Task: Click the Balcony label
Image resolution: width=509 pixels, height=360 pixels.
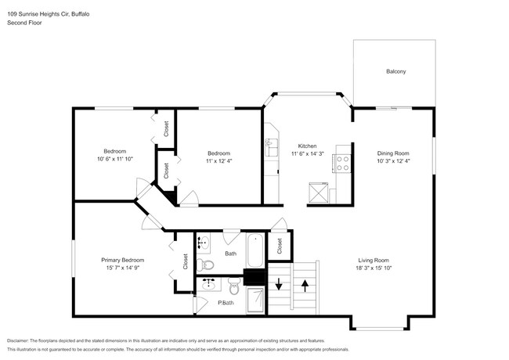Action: point(395,72)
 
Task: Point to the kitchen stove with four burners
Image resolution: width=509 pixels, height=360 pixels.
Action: point(341,163)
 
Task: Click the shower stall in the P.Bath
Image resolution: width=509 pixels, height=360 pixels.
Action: point(255,299)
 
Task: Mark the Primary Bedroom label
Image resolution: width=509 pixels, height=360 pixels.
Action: point(122,260)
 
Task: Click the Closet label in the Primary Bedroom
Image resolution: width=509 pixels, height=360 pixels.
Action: point(185,261)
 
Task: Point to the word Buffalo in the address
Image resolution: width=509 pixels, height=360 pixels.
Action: point(73,13)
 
